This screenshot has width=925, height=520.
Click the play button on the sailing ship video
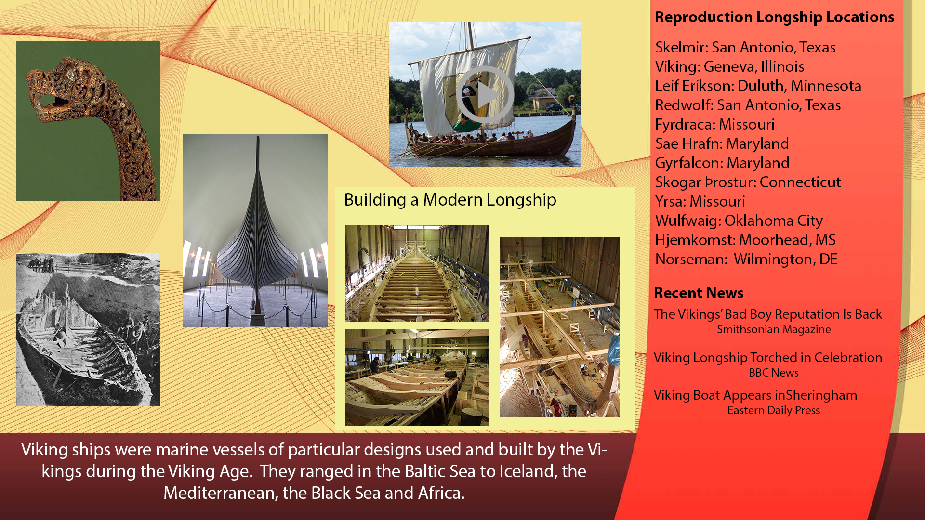point(485,94)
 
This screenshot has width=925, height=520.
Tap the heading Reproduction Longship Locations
point(774,17)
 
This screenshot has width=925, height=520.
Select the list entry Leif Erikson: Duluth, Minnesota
point(758,86)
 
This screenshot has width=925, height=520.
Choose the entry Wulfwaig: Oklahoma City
point(739,221)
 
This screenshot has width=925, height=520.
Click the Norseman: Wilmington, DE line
point(746,259)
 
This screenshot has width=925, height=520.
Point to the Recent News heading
point(699,293)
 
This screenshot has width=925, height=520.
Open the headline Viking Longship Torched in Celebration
point(768,357)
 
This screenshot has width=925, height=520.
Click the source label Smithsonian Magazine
point(774,329)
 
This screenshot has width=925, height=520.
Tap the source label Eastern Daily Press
point(774,410)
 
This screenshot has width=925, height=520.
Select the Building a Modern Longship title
point(450,199)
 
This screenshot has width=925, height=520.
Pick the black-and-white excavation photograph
point(88,329)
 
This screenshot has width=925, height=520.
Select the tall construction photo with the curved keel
point(560,327)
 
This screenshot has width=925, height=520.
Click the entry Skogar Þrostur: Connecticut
point(748,182)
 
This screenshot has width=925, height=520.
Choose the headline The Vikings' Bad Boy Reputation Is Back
point(768,314)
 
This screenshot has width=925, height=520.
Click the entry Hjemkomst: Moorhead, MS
point(745,240)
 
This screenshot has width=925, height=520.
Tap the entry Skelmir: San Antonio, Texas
point(745,47)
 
